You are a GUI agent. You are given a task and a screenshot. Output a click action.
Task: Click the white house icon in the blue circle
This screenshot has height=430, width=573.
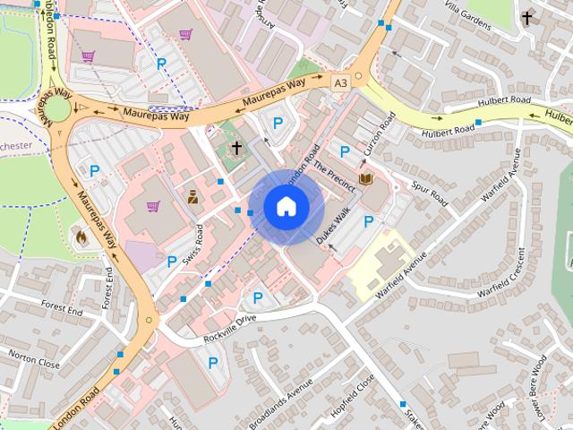click(286, 206)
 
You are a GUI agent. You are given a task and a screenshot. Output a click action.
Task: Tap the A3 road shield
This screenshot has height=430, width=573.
click(339, 82)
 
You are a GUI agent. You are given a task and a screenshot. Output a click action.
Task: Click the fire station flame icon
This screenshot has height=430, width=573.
click(80, 238)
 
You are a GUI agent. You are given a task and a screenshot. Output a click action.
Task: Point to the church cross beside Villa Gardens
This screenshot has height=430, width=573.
click(527, 18)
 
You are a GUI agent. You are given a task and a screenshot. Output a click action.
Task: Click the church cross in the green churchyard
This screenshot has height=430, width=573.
click(237, 148)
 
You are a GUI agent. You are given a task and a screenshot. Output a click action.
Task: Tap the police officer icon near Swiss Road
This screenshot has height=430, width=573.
click(192, 195)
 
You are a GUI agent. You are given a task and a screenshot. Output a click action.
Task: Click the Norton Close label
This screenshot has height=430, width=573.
click(34, 359)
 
